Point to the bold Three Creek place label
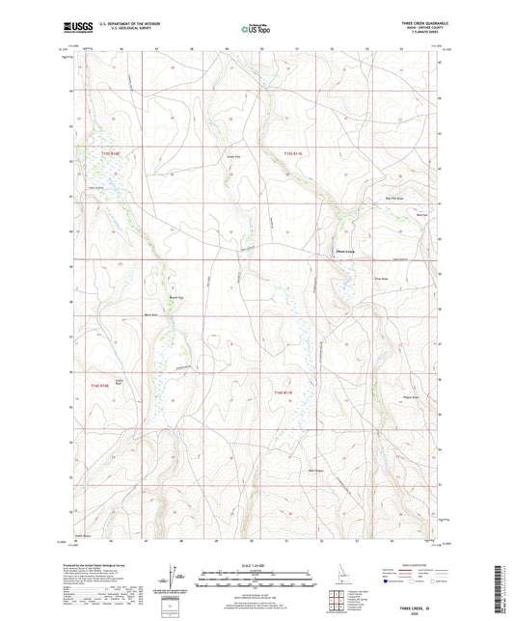(x=344, y=253)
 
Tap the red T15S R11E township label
(x=293, y=152)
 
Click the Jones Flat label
(x=231, y=156)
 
